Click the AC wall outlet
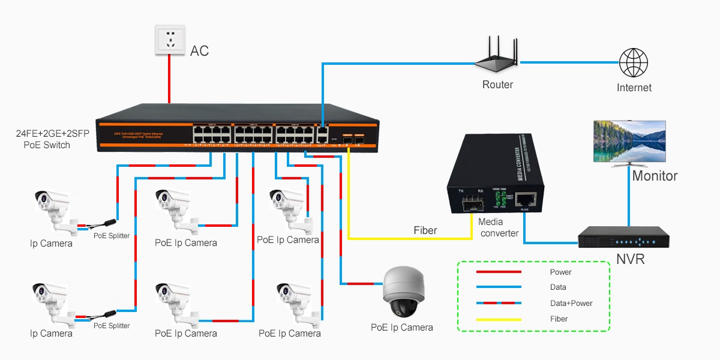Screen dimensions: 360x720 [170, 40]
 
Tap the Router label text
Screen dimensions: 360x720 [497, 85]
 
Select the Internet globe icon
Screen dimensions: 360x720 [634, 62]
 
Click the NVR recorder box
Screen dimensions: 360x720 [623, 238]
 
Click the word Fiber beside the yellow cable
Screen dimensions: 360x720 [425, 230]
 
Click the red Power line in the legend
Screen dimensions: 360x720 [499, 272]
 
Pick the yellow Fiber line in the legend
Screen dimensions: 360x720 [499, 319]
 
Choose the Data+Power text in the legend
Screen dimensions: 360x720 [571, 304]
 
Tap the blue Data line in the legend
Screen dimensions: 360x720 [499, 287]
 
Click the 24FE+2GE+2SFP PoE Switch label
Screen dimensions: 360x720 [52, 140]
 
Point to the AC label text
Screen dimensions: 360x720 [199, 51]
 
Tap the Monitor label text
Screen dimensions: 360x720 [655, 176]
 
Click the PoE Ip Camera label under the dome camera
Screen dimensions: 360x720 [401, 327]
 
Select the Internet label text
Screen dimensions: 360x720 [634, 88]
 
